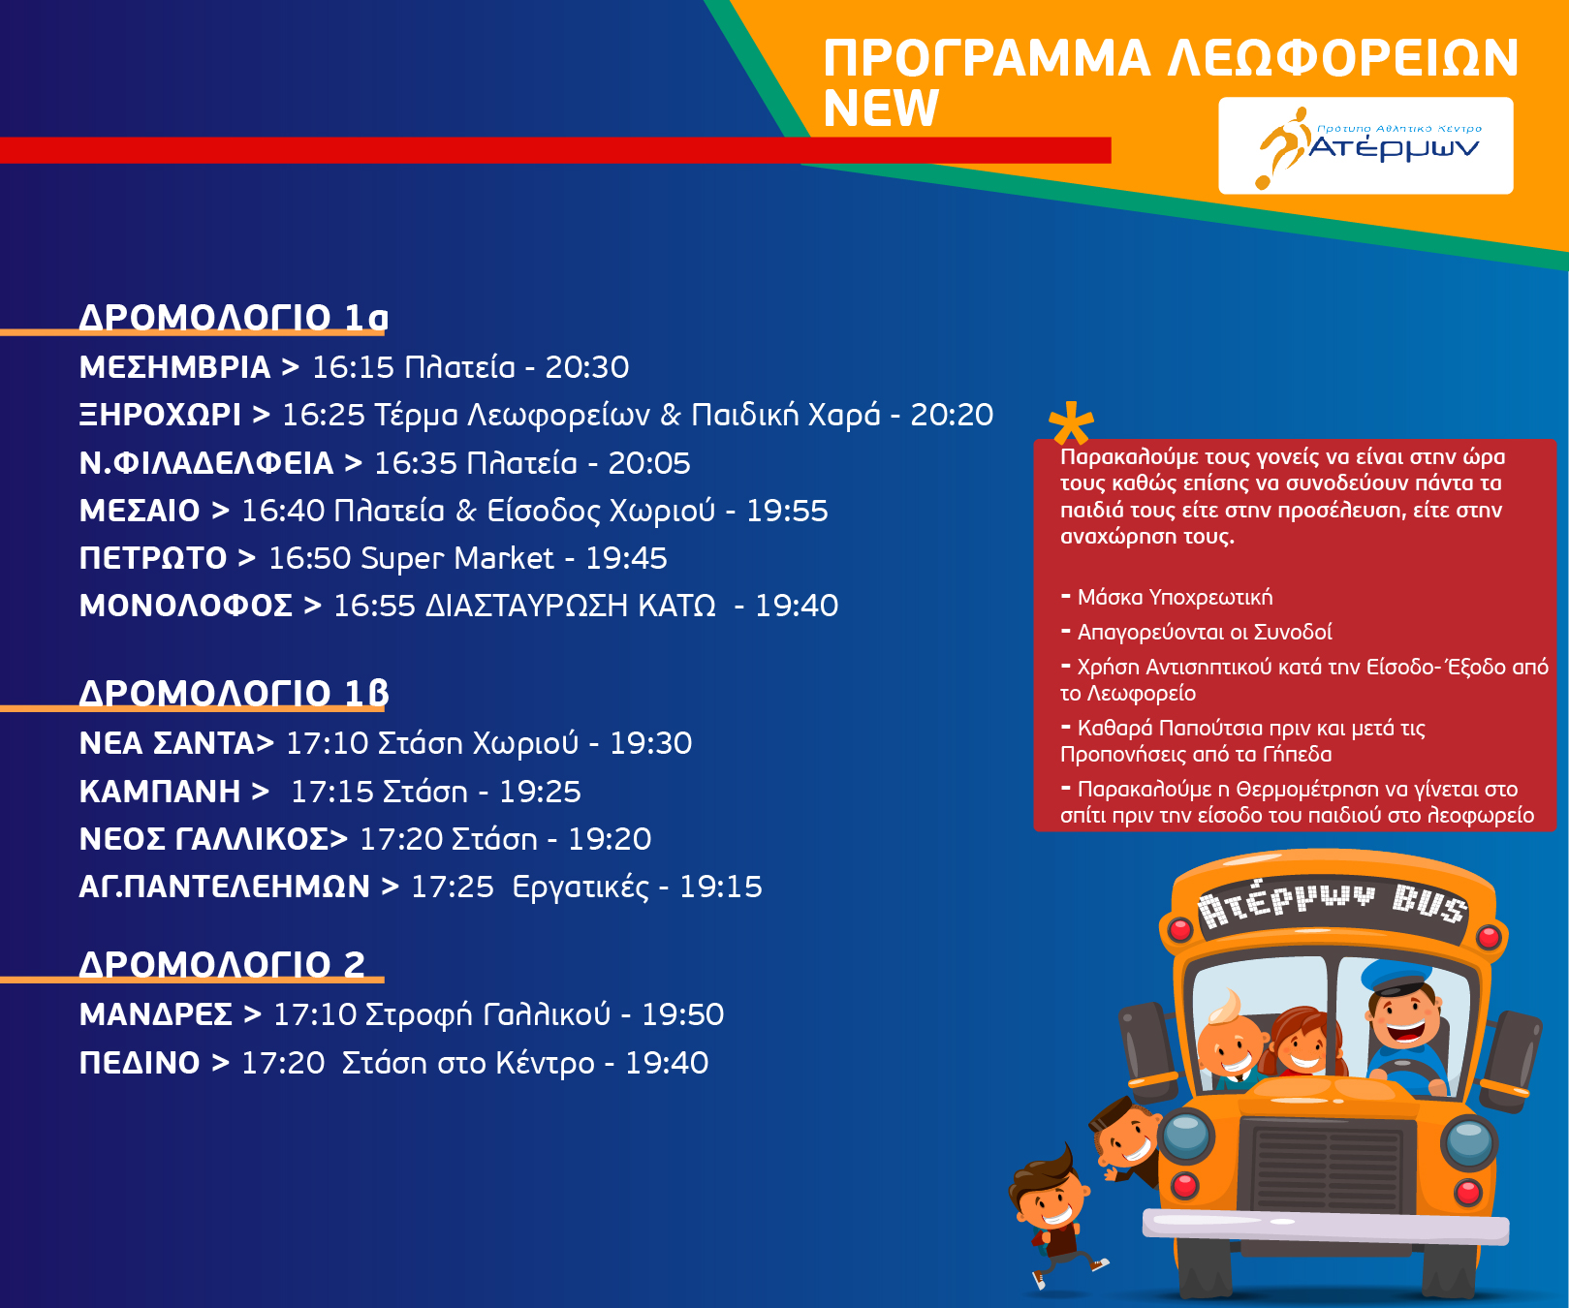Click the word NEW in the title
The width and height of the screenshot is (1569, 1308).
(x=881, y=108)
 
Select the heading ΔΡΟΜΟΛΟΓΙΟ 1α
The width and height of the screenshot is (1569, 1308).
(x=234, y=317)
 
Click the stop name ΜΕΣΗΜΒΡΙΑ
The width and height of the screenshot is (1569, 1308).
(x=174, y=367)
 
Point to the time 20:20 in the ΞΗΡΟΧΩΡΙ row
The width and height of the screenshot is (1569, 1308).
(x=952, y=415)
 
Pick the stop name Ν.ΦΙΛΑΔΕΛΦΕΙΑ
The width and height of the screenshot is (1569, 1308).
(x=206, y=463)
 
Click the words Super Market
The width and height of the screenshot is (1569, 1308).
(x=457, y=558)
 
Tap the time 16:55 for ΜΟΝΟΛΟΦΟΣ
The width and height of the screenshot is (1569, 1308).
(x=374, y=606)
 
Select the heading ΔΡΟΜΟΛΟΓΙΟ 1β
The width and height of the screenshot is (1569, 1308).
(x=234, y=693)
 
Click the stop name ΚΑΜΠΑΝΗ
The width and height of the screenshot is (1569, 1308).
(x=160, y=792)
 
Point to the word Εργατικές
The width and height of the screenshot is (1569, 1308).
(x=581, y=887)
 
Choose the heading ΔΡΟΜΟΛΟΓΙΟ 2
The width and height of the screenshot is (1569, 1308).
(x=222, y=964)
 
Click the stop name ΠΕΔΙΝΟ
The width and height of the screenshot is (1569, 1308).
(x=140, y=1063)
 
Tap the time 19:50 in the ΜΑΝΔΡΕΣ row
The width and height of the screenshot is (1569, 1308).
(x=683, y=1014)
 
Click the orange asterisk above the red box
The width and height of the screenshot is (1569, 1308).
(x=1071, y=422)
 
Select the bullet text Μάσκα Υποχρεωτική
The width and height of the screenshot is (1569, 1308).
(x=1175, y=597)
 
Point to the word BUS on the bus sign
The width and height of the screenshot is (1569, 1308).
(x=1428, y=903)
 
